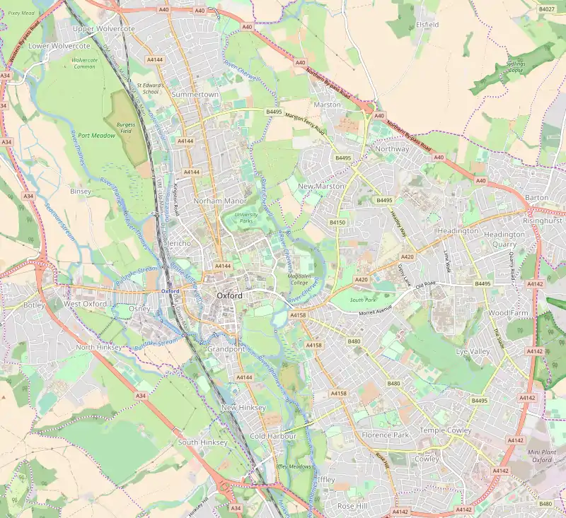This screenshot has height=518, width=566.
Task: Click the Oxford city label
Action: (x=230, y=295)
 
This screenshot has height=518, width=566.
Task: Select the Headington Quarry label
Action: (x=504, y=239)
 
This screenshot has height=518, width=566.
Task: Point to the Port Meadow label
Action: (x=96, y=135)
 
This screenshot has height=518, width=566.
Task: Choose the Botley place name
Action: (x=34, y=305)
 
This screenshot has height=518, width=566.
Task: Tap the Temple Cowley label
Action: (x=445, y=430)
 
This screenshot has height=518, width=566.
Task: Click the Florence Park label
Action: (x=386, y=435)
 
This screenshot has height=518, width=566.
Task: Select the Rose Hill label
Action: (x=352, y=506)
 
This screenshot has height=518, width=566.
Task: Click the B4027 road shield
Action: (x=546, y=9)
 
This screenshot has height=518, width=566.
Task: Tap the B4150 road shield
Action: (x=337, y=223)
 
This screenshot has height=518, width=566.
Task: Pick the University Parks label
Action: (x=246, y=217)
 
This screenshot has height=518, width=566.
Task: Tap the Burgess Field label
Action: (x=127, y=127)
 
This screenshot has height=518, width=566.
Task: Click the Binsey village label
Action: (x=81, y=191)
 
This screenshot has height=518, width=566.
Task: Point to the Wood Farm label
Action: (x=509, y=312)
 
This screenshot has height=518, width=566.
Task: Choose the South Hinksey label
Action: (x=203, y=442)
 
